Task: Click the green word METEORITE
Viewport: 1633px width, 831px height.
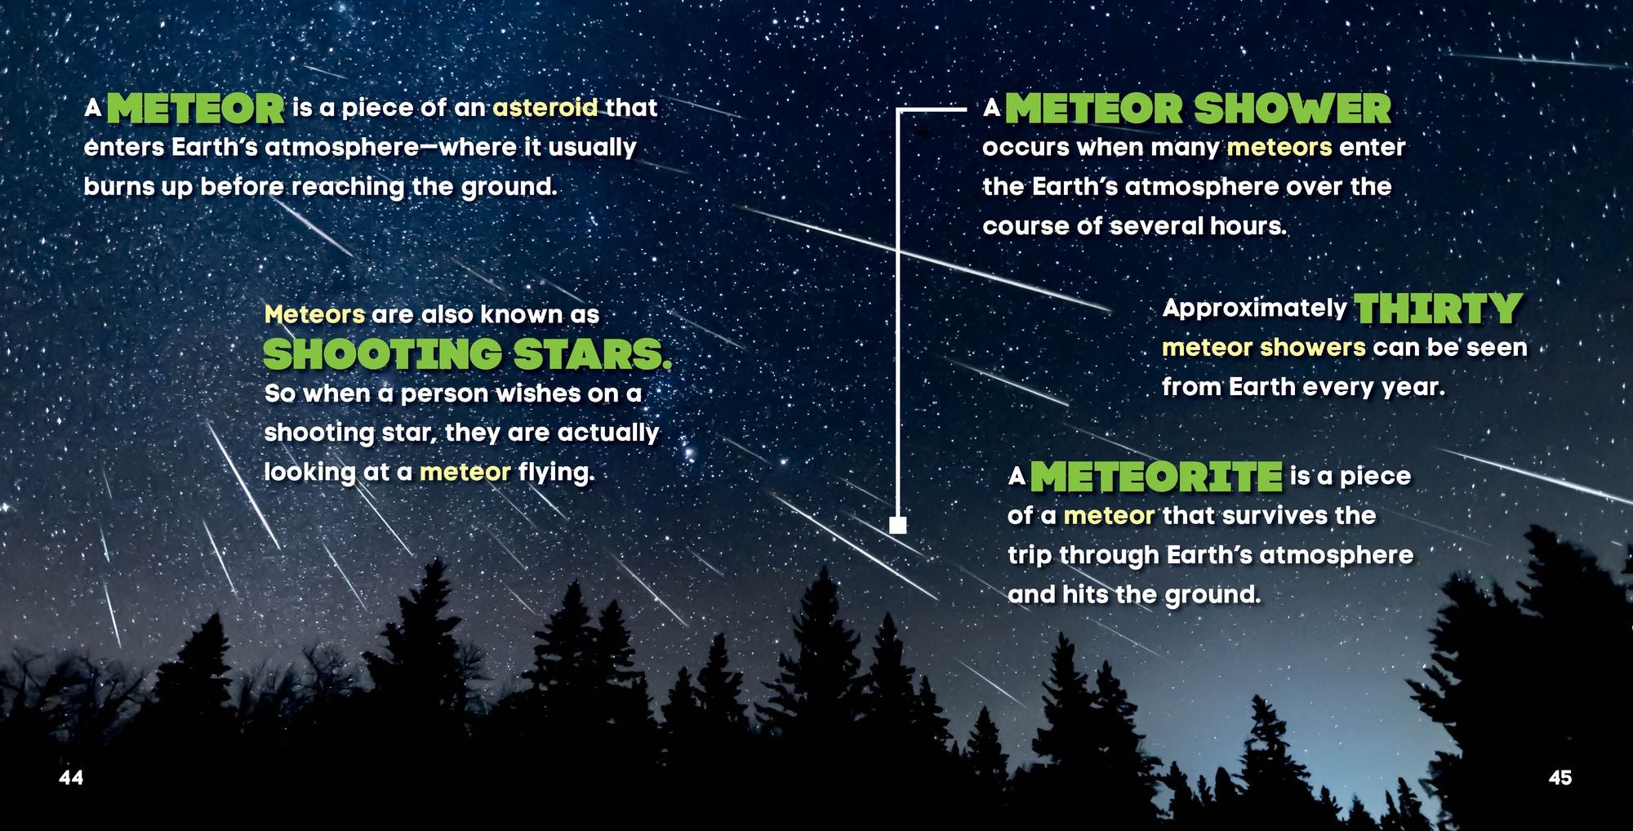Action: (x=1156, y=477)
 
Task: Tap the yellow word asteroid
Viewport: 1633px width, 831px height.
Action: (x=545, y=108)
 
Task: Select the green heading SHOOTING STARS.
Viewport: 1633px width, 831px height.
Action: (x=467, y=354)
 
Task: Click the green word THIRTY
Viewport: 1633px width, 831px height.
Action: (x=1438, y=309)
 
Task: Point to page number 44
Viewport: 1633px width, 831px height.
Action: (x=71, y=777)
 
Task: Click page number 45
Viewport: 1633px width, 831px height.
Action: (x=1560, y=777)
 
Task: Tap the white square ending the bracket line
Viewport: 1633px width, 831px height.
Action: (x=897, y=524)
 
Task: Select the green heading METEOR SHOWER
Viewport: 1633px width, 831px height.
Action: (x=1198, y=109)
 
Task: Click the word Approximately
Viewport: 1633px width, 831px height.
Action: (x=1254, y=308)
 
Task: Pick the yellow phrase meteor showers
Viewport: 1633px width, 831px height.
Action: (x=1263, y=348)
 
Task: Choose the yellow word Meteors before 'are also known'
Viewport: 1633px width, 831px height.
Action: (x=314, y=314)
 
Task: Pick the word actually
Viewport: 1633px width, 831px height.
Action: (x=607, y=433)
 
